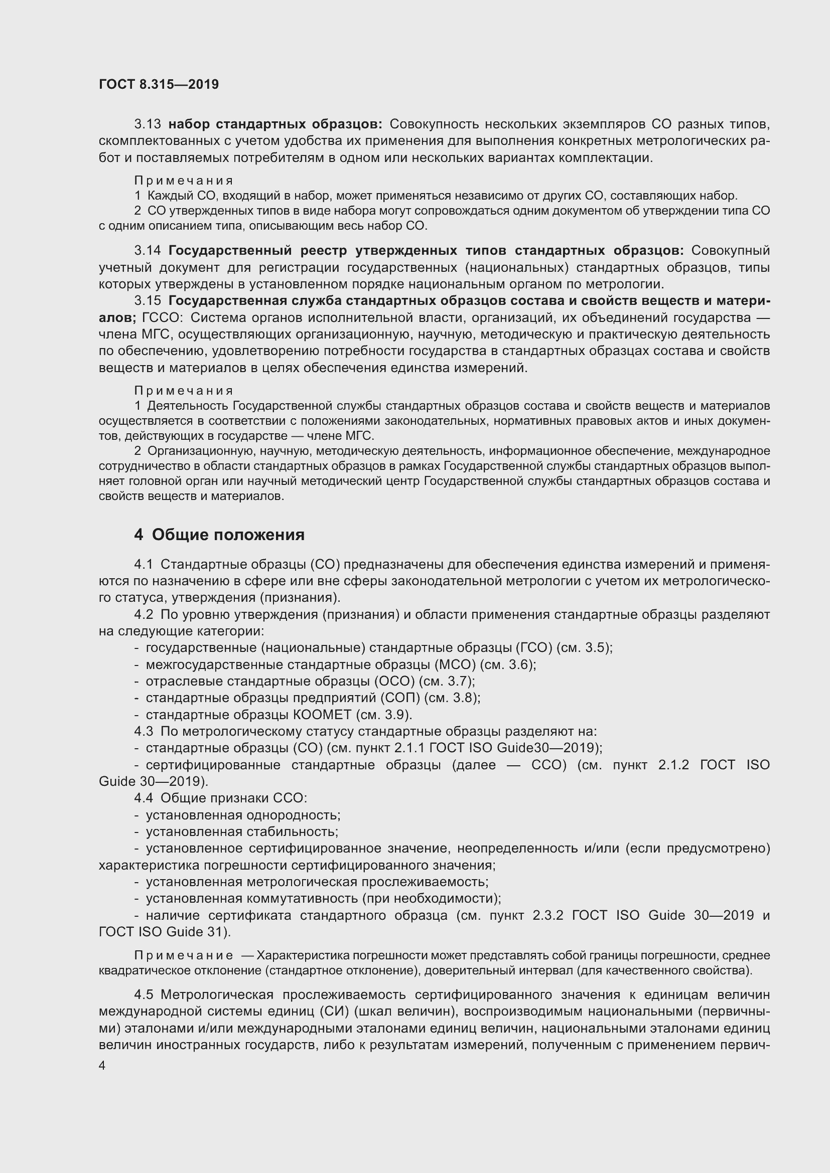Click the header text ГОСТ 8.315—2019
[x=159, y=84]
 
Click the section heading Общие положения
[x=228, y=535]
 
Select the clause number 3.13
[x=148, y=124]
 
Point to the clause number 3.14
[x=148, y=251]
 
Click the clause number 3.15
[x=148, y=301]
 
